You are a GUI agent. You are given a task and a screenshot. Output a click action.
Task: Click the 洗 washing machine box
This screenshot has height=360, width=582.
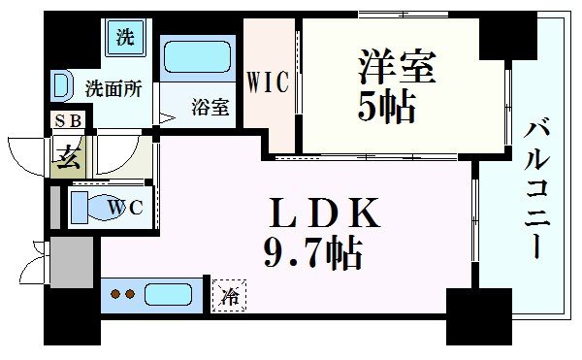[x=124, y=39]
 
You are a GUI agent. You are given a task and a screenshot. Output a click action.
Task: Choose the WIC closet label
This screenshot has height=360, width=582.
[x=269, y=83]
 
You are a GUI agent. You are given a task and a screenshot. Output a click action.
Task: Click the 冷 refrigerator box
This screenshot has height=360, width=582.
[x=229, y=291]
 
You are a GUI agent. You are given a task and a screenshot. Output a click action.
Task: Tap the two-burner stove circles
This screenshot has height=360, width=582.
[x=122, y=293]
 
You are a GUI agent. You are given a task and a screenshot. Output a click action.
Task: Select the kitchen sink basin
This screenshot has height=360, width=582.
[x=171, y=293]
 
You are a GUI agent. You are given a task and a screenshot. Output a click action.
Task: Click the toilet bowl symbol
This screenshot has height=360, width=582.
[x=93, y=206]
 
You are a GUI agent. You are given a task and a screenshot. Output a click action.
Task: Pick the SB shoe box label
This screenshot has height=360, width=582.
[x=68, y=121]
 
